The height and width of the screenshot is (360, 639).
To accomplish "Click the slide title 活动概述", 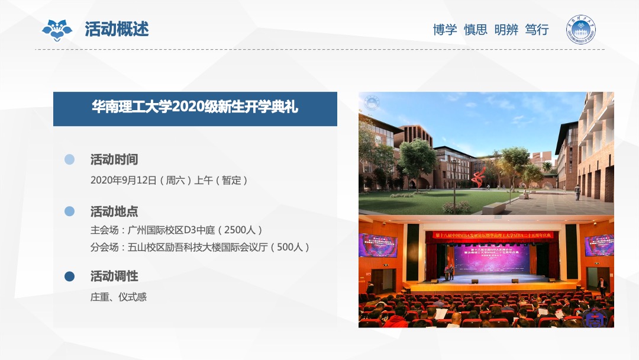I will [117, 29].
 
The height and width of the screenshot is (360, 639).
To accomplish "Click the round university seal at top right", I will [581, 29].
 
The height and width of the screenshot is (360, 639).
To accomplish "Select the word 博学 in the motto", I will [445, 30].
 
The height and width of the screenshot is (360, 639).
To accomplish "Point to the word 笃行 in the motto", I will [537, 30].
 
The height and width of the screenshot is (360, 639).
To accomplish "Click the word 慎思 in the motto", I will [476, 30].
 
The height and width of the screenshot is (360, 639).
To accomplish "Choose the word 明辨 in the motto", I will [506, 30].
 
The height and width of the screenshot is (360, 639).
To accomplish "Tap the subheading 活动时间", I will [114, 159].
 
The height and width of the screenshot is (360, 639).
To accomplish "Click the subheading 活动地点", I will [114, 211].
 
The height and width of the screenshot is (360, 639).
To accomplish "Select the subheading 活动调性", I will [114, 276].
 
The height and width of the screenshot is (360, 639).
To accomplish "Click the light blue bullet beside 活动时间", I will [70, 159].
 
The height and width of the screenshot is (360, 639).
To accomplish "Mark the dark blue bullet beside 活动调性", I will [70, 277].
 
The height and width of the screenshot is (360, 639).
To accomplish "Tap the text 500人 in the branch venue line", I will [289, 247].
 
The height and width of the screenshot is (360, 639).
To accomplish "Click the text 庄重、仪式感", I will [118, 297].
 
